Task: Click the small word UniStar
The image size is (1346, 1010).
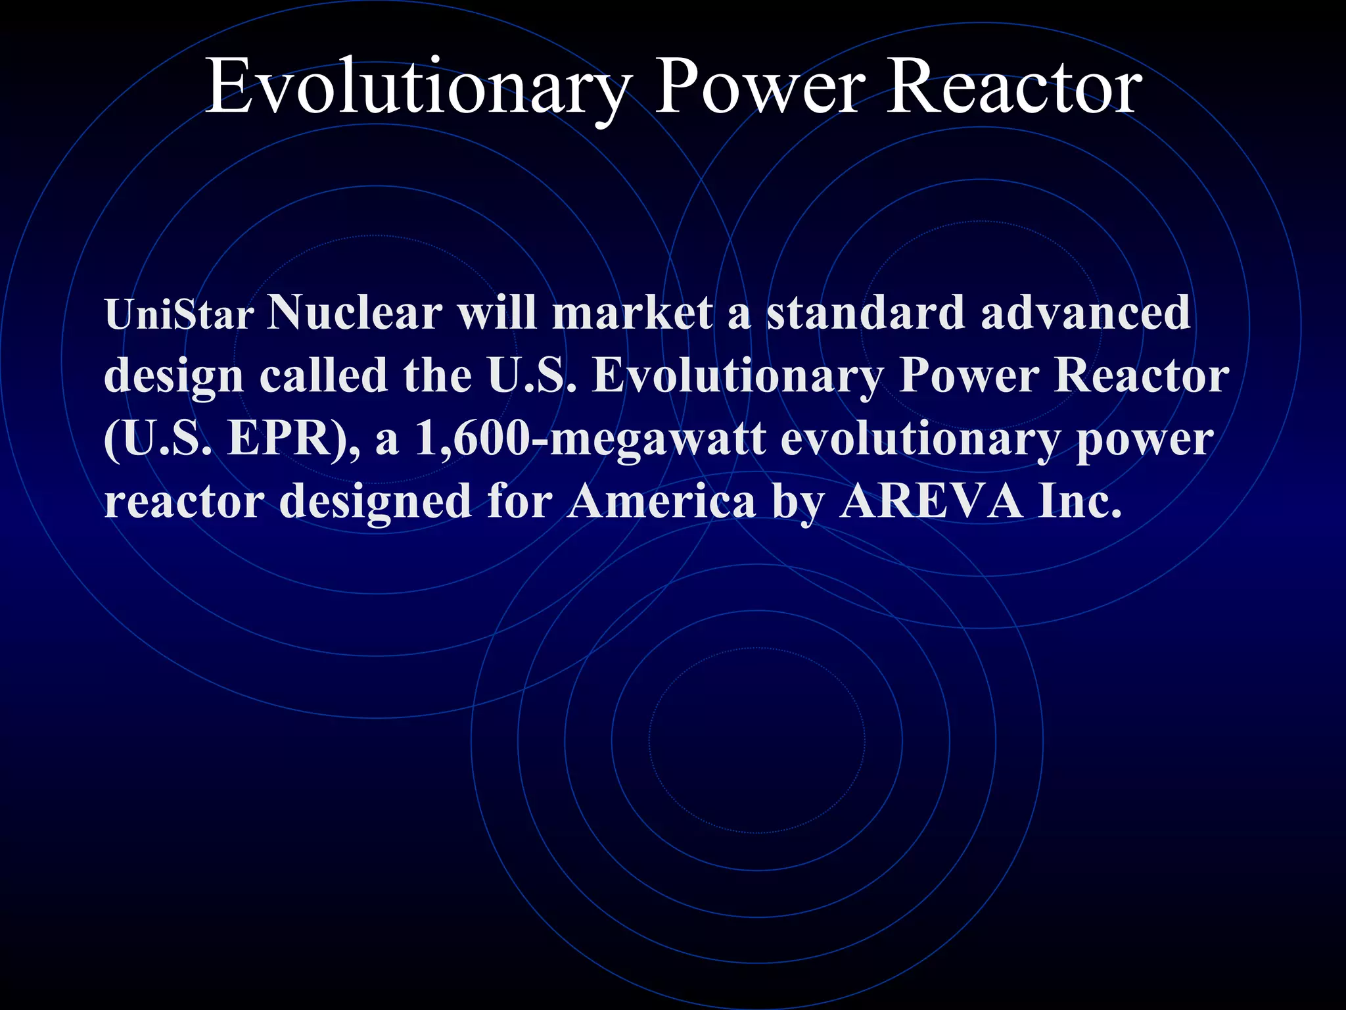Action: [x=179, y=315]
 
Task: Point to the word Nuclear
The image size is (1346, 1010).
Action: [x=355, y=312]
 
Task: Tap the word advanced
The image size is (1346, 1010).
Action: [x=1085, y=312]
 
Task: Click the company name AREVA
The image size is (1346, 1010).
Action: [x=931, y=502]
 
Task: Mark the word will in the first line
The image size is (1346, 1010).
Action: [x=497, y=312]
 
